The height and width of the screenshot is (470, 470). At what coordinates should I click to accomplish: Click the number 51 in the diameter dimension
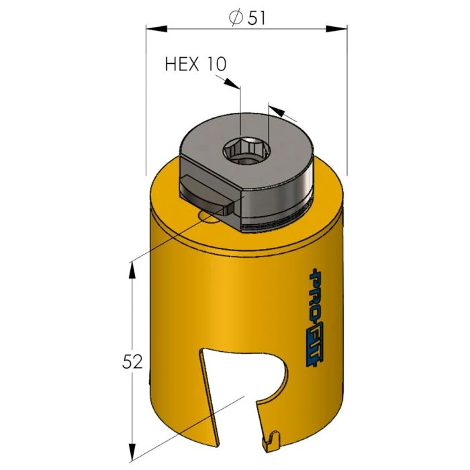256,18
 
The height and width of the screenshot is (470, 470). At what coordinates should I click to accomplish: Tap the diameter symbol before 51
236,18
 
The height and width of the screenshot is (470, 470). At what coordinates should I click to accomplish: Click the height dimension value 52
133,363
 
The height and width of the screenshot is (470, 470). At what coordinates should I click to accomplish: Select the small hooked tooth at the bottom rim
269,440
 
